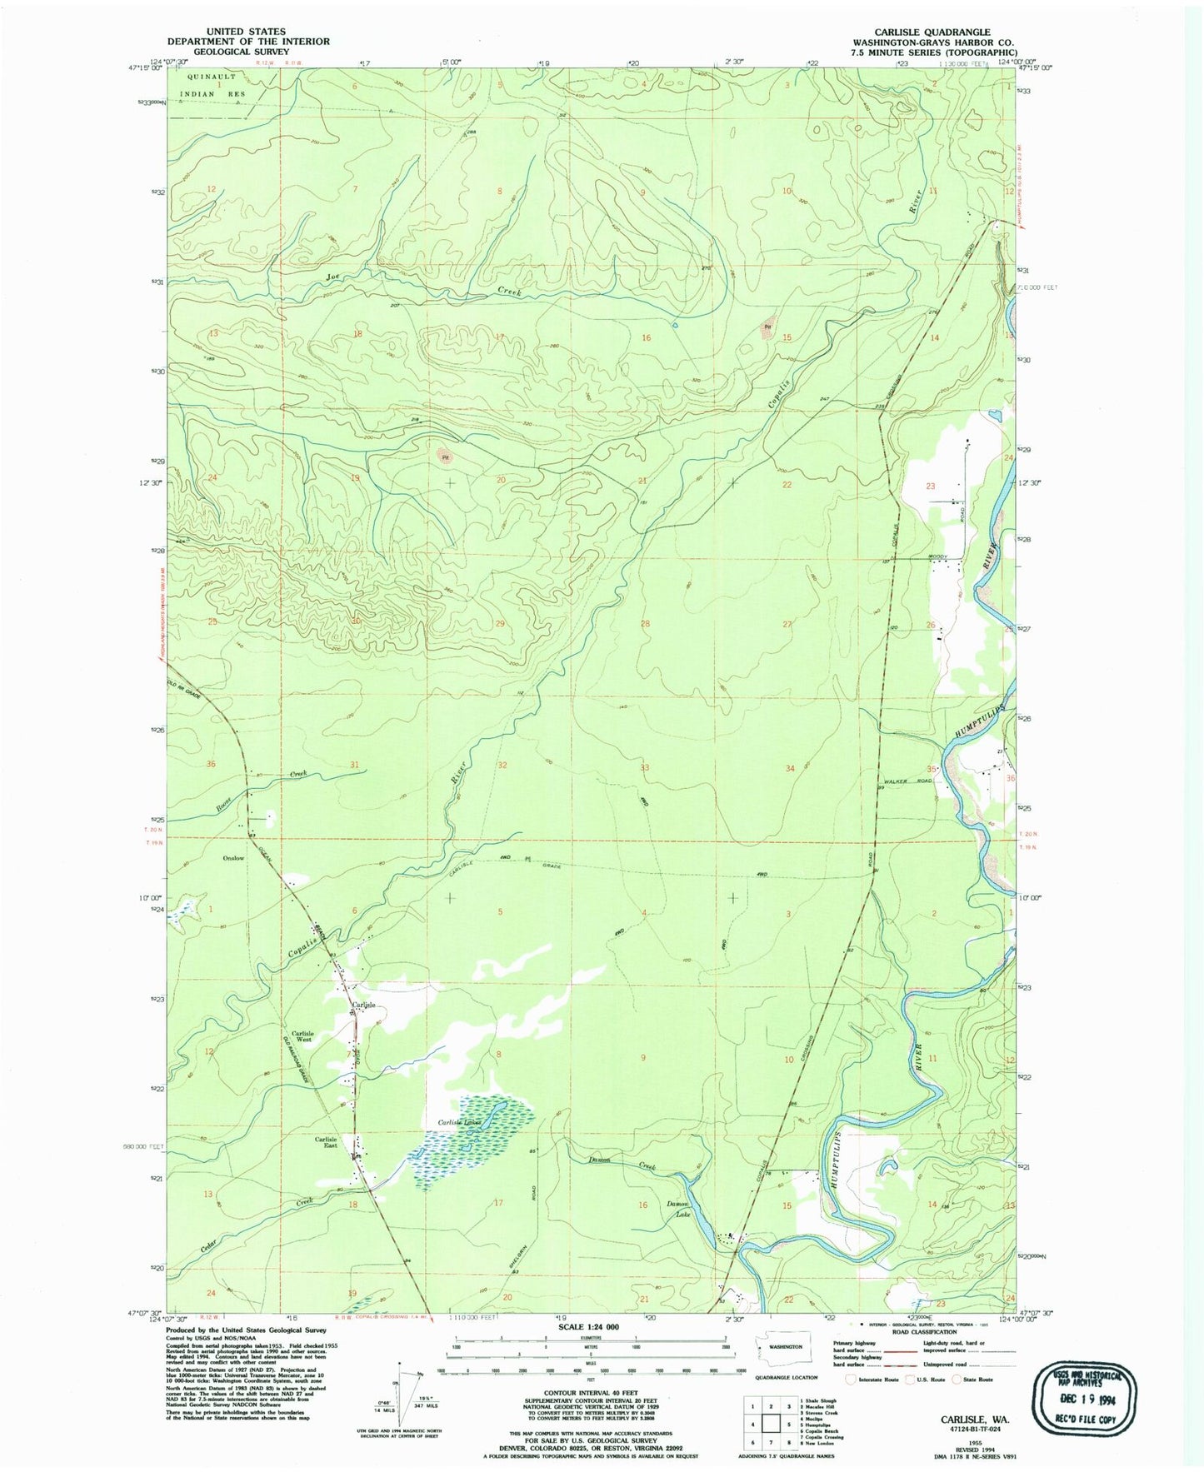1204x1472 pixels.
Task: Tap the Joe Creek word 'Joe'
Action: point(333,277)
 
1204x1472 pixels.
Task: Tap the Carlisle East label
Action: point(325,1142)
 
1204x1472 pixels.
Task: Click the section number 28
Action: point(644,624)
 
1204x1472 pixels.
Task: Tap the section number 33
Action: point(644,767)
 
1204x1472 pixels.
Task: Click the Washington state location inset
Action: point(778,1369)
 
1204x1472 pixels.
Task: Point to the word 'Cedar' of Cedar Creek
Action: point(215,1246)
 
